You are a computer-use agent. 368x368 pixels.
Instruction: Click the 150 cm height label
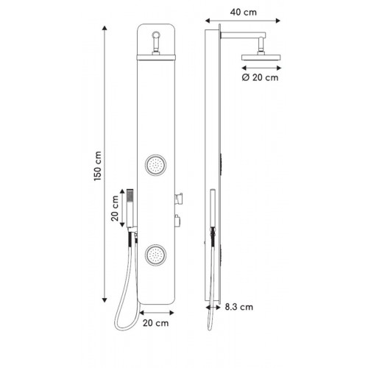[x=98, y=166]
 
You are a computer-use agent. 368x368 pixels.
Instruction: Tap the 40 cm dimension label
[x=244, y=12]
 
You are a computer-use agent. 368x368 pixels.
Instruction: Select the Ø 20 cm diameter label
[x=260, y=77]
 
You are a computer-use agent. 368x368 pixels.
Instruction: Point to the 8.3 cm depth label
[x=239, y=307]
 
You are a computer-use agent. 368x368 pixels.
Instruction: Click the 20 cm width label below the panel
[x=156, y=323]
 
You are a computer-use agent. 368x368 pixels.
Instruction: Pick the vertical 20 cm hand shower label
[x=115, y=208]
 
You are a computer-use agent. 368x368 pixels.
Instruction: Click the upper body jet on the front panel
[x=155, y=165]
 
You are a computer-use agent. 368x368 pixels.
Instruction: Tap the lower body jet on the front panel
[x=155, y=255]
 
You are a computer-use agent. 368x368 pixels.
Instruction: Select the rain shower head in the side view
[x=261, y=57]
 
